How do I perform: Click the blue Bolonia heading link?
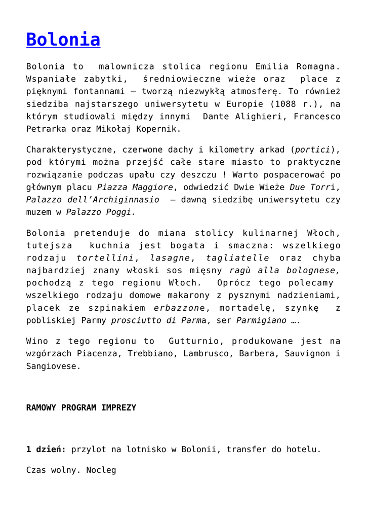63,39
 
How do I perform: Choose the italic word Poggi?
121,212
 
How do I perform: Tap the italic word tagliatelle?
236,258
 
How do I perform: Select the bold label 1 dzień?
46,449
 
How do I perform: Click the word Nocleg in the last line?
101,470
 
